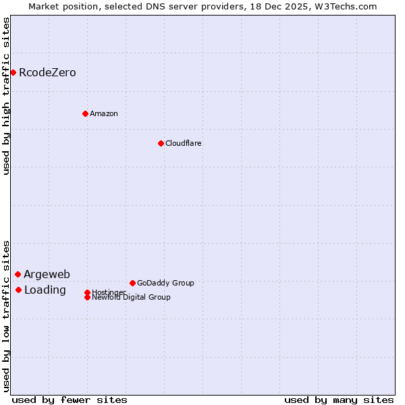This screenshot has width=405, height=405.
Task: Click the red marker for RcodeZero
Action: click(13, 72)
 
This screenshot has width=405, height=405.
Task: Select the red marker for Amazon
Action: click(85, 113)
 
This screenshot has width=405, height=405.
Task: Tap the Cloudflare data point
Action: click(161, 143)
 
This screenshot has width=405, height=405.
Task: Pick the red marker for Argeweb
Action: click(18, 274)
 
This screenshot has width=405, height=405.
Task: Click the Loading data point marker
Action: click(18, 290)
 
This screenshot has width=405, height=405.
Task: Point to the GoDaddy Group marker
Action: click(132, 283)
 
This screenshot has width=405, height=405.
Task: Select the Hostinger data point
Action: click(87, 292)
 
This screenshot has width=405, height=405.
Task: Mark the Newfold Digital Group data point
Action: click(87, 297)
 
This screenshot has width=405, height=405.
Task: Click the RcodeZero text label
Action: click(47, 72)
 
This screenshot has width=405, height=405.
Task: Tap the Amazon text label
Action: click(104, 113)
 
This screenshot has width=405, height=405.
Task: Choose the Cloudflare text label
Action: click(184, 143)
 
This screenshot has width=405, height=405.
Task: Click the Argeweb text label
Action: click(47, 274)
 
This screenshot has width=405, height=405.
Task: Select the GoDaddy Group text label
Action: click(165, 283)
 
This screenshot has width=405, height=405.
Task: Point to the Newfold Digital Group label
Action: click(131, 298)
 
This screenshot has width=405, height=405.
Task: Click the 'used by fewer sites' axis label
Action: click(70, 400)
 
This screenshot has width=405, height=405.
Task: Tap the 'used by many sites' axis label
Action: click(339, 400)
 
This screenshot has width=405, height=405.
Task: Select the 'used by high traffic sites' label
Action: click(7, 96)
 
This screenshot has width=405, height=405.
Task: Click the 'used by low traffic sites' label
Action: click(7, 316)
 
